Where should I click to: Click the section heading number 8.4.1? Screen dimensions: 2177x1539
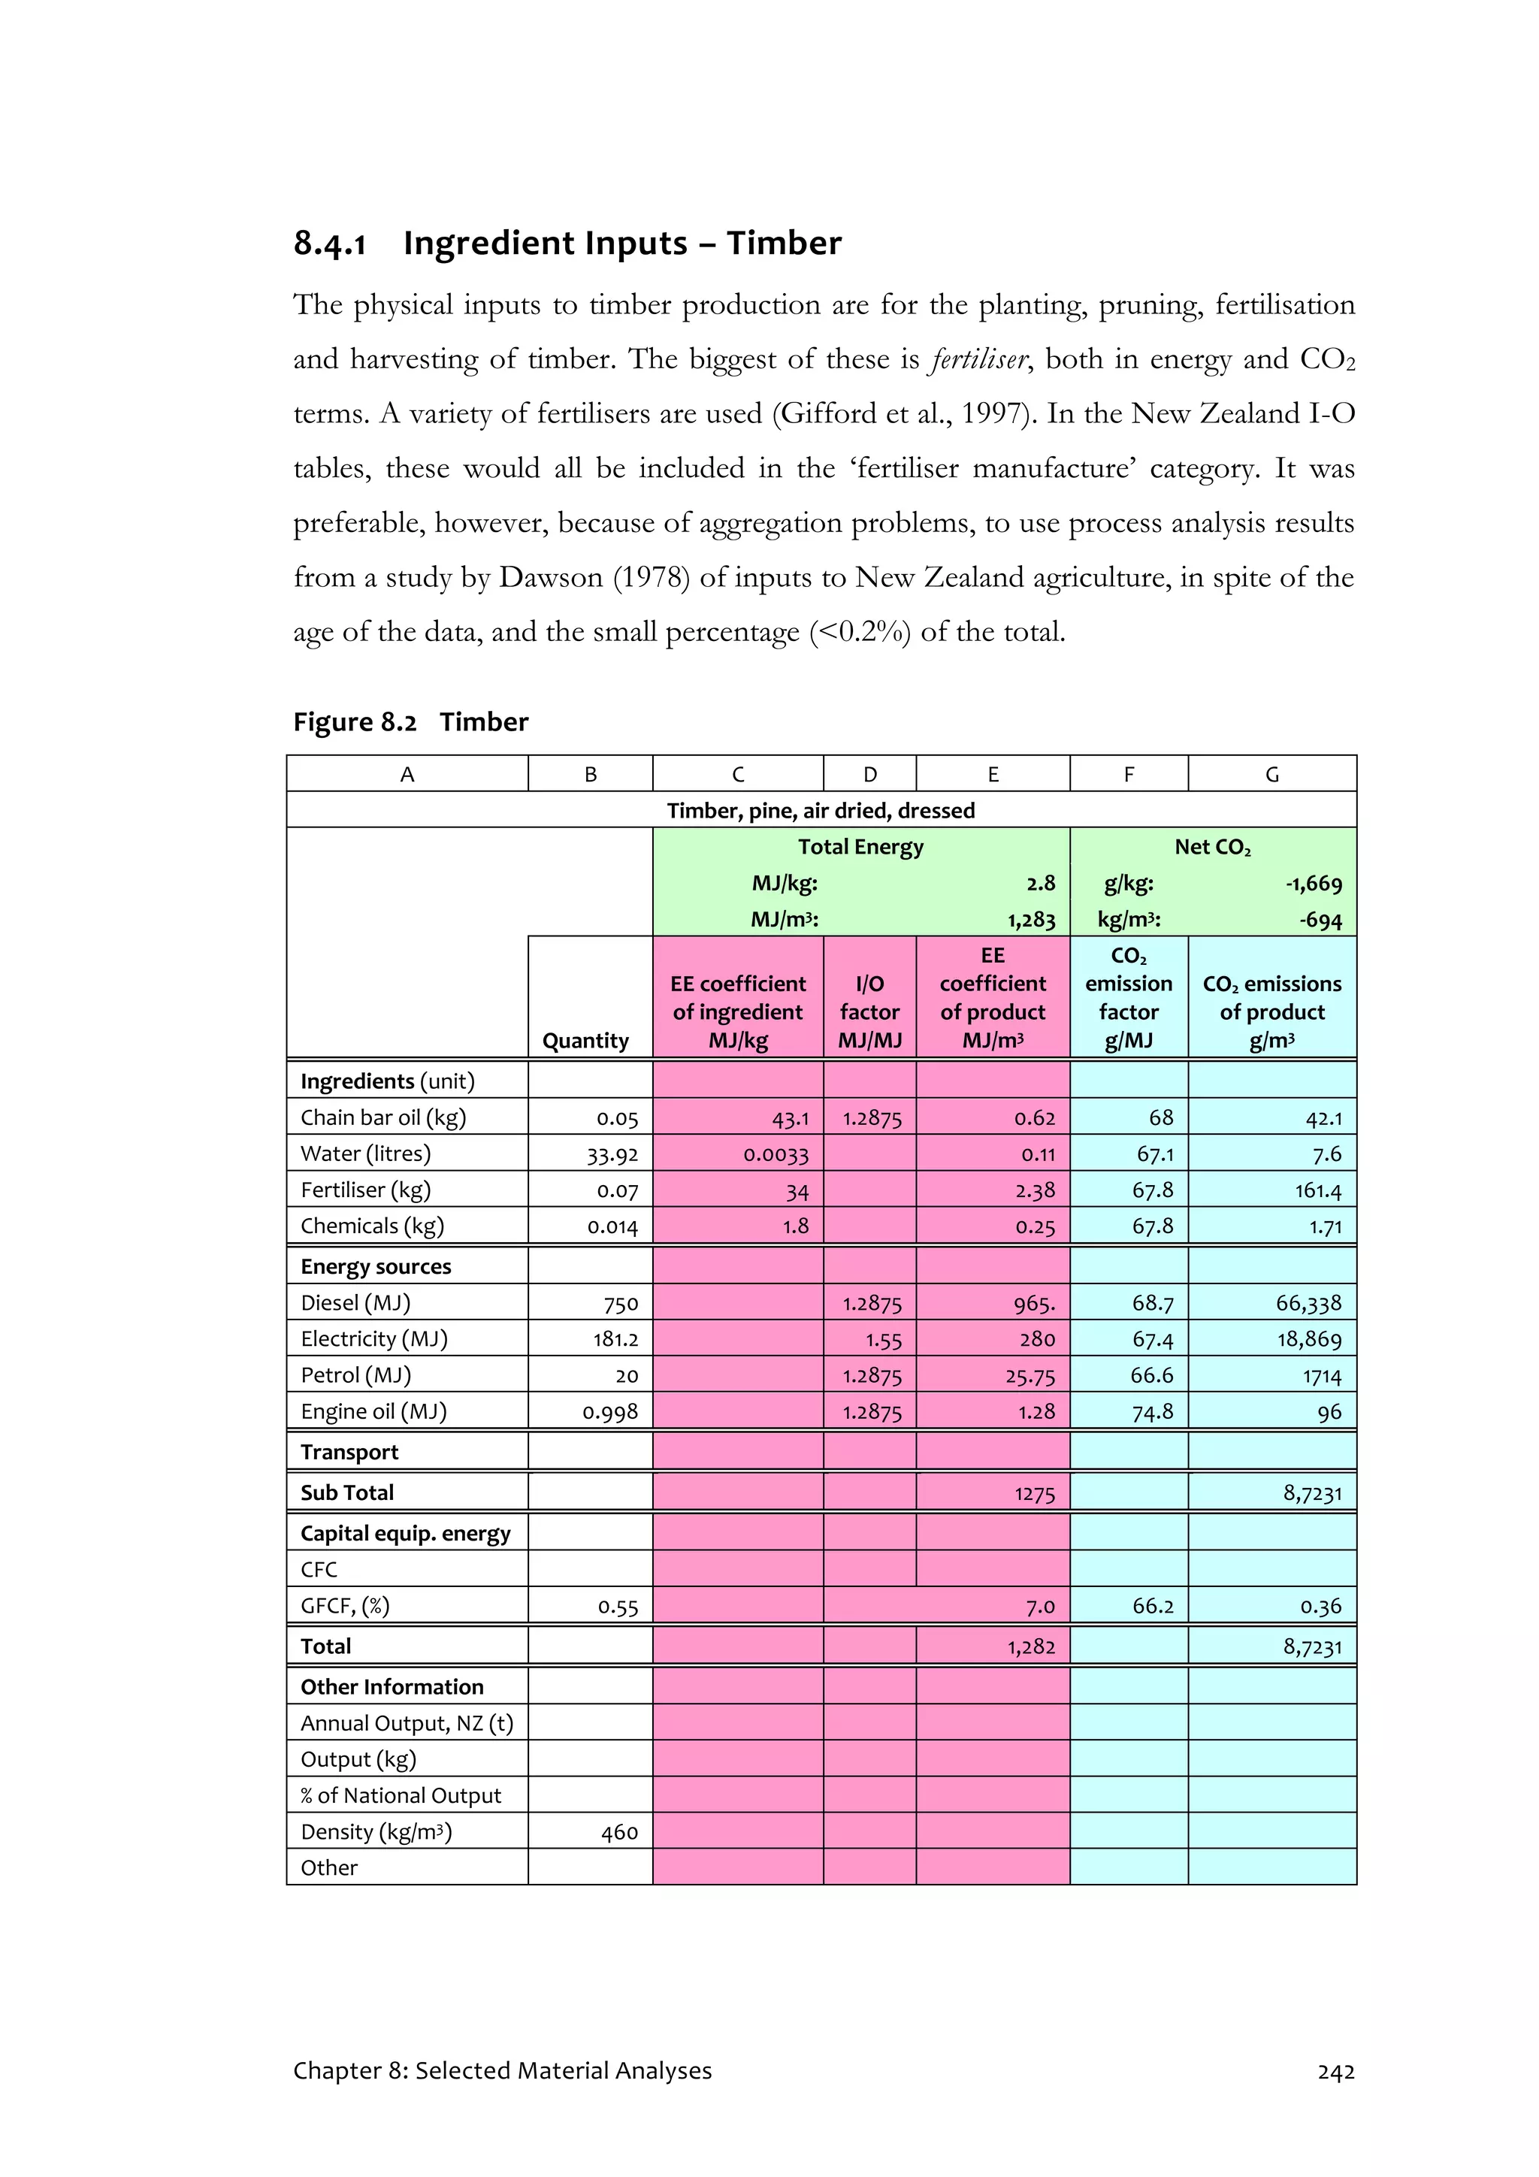(329, 243)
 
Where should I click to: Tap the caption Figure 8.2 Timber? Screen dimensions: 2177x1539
(410, 722)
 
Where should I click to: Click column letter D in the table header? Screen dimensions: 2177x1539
(869, 775)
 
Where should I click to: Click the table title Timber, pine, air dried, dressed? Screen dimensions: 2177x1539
(821, 811)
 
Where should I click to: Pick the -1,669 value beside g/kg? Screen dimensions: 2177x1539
(1314, 884)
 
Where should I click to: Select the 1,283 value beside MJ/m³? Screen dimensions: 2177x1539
(1031, 920)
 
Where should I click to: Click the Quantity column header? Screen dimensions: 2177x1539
(585, 1040)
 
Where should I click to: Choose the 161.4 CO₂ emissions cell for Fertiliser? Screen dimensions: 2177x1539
(1318, 1190)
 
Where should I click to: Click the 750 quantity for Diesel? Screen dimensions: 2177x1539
(621, 1304)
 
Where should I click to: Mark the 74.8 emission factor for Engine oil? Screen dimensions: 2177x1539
(1152, 1412)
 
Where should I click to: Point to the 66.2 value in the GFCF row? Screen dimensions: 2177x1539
(1152, 1606)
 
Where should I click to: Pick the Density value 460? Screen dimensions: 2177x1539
(619, 1832)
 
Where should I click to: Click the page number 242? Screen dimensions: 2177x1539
(1335, 2072)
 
